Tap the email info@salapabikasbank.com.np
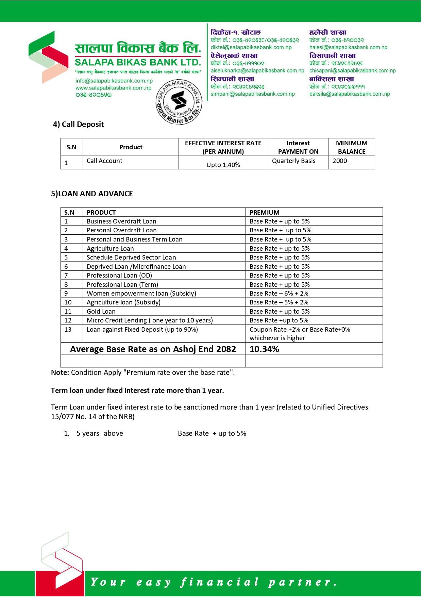pyautogui.click(x=114, y=81)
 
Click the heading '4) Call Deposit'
pyautogui.click(x=78, y=124)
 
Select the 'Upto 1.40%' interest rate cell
pyautogui.click(x=223, y=165)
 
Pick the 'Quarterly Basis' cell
pyautogui.click(x=294, y=161)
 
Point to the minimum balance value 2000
pyautogui.click(x=340, y=161)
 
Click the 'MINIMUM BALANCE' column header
pyautogui.click(x=352, y=147)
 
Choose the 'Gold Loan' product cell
pyautogui.click(x=101, y=311)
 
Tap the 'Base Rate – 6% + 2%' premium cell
pyautogui.click(x=279, y=293)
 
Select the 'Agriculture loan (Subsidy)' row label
pyautogui.click(x=123, y=302)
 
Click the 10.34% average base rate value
pyautogui.click(x=264, y=349)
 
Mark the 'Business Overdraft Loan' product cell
pyautogui.click(x=121, y=221)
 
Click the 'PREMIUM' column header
pyautogui.click(x=264, y=212)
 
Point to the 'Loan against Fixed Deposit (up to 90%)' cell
pyautogui.click(x=142, y=329)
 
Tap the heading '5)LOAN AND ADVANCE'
pyautogui.click(x=92, y=194)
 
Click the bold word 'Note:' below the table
pyautogui.click(x=60, y=372)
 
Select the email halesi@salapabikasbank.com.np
pyautogui.click(x=348, y=47)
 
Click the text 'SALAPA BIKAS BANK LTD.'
pyautogui.click(x=138, y=63)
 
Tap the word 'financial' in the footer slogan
pyautogui.click(x=219, y=582)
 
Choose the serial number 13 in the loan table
pyautogui.click(x=68, y=329)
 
